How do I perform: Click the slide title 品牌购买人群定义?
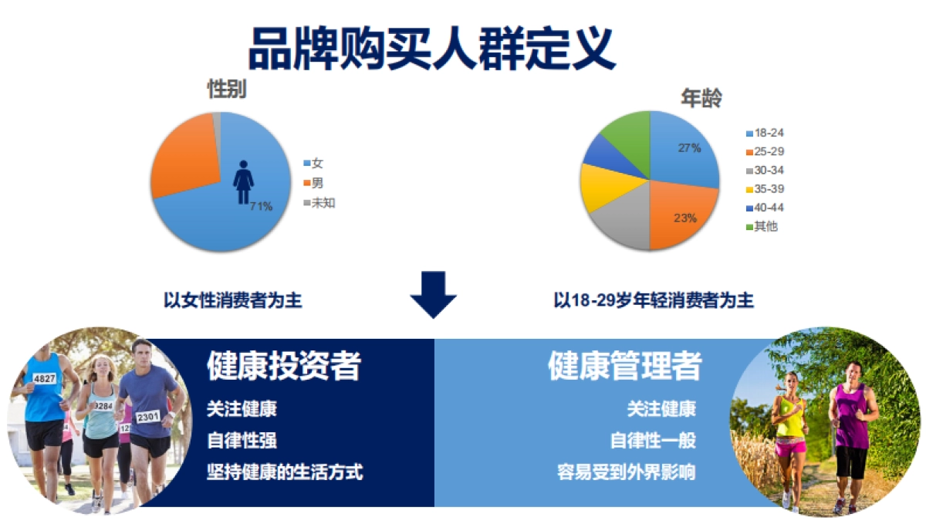(432, 48)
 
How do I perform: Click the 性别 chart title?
(227, 90)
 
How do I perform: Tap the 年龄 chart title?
(701, 98)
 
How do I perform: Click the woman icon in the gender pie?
(243, 183)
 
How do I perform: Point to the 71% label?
(261, 206)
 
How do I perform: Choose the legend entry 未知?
(323, 203)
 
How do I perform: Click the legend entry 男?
(316, 183)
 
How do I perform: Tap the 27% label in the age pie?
(689, 147)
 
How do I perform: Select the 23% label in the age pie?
(684, 218)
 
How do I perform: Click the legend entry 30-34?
(769, 171)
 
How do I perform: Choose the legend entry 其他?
(765, 226)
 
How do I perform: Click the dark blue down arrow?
(433, 293)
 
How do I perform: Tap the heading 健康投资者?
(283, 366)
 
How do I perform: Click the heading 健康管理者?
(624, 366)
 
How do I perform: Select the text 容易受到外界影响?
(626, 471)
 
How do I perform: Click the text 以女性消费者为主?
(233, 300)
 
